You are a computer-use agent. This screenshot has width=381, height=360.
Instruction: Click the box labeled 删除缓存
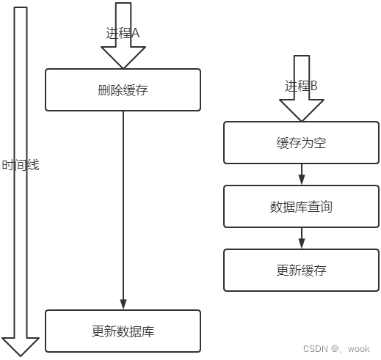point(123,90)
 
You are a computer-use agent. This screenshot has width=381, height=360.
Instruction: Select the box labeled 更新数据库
point(123,331)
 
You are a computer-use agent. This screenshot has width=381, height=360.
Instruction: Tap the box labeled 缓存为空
point(301,143)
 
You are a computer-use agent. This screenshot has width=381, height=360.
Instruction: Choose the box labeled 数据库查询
point(301,207)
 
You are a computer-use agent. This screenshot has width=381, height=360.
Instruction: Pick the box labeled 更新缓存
point(301,270)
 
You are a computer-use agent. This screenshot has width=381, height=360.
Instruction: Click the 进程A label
point(123,33)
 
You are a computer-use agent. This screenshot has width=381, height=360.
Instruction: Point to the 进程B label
point(301,86)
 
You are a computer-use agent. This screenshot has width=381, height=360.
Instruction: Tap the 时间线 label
point(20,165)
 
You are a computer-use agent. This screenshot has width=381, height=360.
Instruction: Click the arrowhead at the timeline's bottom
point(21,346)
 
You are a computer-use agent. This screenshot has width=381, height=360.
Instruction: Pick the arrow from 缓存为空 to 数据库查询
point(301,175)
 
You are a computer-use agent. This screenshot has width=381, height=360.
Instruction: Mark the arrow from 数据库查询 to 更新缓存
point(301,238)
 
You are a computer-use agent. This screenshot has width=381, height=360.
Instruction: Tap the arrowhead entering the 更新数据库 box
point(123,304)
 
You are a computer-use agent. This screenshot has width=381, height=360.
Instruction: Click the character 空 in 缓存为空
point(319,143)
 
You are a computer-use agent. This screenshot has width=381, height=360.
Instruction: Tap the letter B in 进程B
point(313,86)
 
